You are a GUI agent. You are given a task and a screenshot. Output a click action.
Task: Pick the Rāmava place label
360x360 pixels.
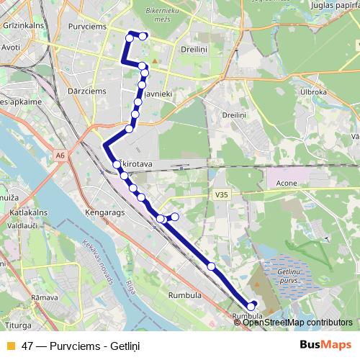pos(45,297)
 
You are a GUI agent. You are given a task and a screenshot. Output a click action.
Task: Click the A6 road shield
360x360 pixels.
pos(59,154)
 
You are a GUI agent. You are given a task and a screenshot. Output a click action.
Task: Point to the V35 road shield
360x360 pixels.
pos(220,194)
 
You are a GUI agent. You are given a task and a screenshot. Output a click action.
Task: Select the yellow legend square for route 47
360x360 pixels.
pos(11,346)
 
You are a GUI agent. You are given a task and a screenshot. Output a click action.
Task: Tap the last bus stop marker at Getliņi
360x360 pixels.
pos(251,306)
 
